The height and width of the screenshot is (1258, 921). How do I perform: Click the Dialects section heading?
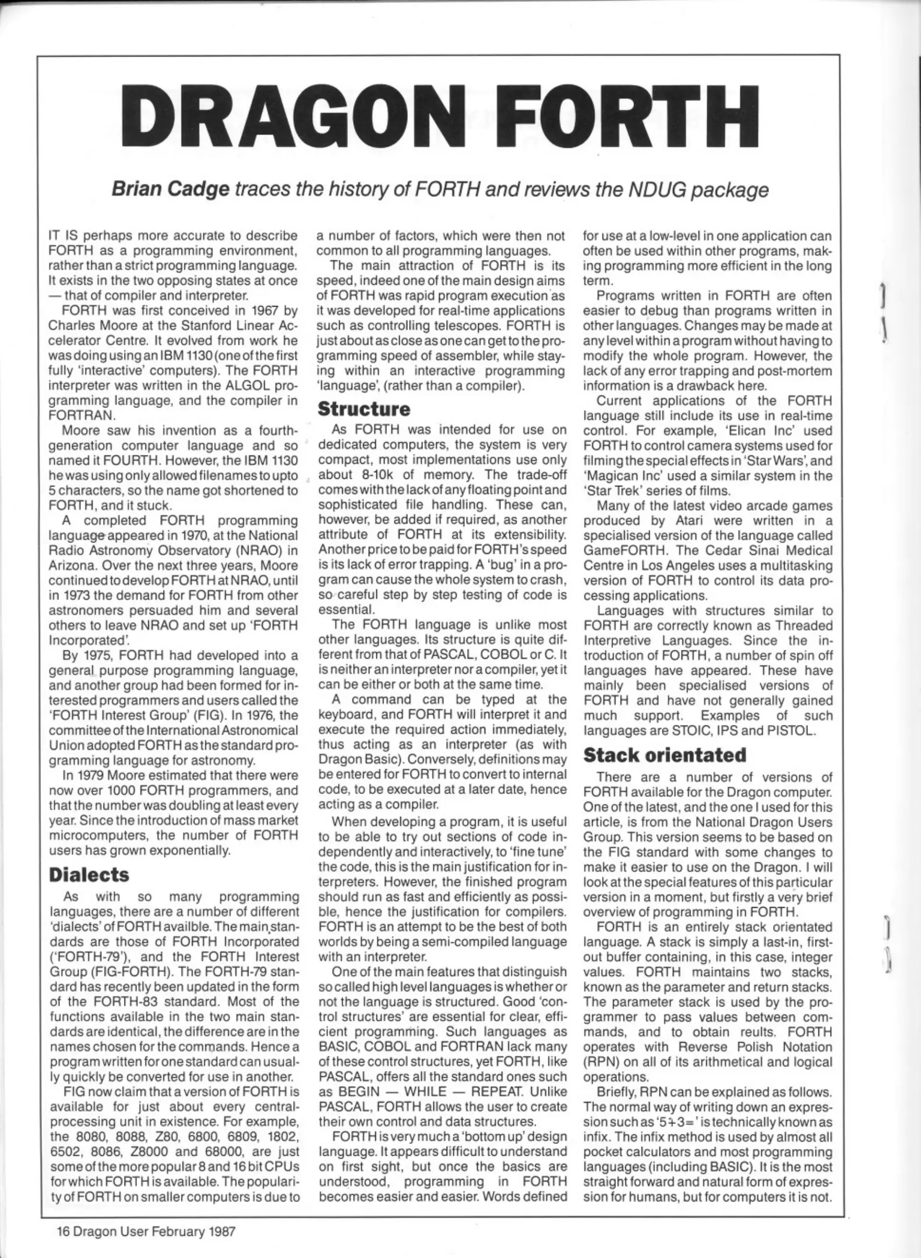point(89,874)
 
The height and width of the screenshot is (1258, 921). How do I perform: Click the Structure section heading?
point(364,409)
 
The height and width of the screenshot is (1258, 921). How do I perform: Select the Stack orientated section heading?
point(664,755)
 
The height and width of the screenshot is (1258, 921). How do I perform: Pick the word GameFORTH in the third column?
point(617,550)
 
